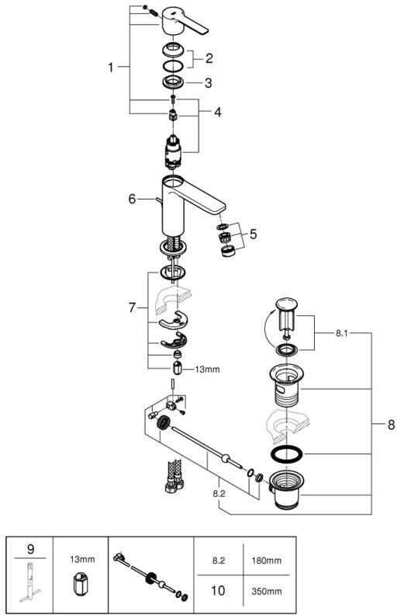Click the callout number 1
click(110, 68)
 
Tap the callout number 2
click(209, 58)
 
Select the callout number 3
click(208, 83)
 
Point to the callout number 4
click(218, 112)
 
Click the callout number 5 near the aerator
click(254, 235)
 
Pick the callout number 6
click(132, 200)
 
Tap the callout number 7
click(132, 308)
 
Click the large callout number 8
click(391, 425)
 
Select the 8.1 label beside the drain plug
click(341, 334)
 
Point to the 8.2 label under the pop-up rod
click(219, 494)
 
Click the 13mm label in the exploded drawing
click(208, 369)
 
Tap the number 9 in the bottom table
click(30, 549)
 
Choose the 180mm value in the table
click(266, 561)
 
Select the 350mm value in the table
click(266, 591)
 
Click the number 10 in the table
click(219, 590)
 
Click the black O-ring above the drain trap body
click(287, 453)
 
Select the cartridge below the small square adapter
click(174, 151)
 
